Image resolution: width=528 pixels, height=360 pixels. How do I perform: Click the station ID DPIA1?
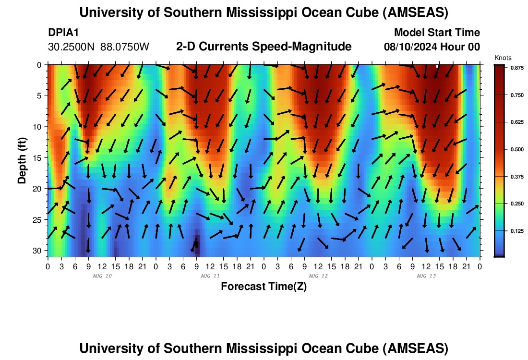tap(63, 33)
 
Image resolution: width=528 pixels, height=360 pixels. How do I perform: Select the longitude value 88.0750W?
tap(125, 47)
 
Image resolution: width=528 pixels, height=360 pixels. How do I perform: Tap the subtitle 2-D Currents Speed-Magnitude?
tap(264, 47)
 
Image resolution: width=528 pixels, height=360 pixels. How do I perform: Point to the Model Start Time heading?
tap(437, 33)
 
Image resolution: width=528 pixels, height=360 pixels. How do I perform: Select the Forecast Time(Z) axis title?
tap(264, 287)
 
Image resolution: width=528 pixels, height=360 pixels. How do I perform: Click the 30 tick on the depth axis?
tap(38, 251)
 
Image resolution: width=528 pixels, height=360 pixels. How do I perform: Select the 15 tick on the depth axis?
tap(38, 158)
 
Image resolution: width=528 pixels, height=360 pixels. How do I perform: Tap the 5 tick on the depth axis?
tap(40, 96)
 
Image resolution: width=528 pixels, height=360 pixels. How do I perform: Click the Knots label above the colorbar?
tap(503, 58)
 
